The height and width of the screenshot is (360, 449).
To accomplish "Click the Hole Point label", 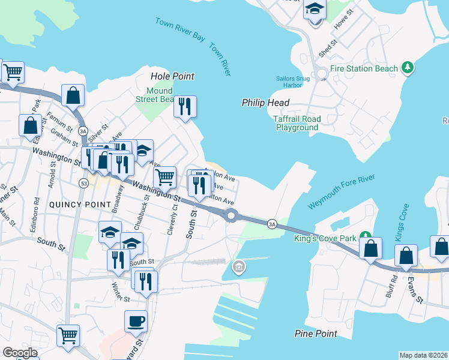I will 173,76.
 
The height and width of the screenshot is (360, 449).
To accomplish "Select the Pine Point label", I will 314,333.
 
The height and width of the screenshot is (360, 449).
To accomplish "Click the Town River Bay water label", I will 179,29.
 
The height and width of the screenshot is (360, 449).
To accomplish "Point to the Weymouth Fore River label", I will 341,192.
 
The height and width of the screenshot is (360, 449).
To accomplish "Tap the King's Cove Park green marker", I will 363,235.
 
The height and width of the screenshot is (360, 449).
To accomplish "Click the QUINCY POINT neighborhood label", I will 83,204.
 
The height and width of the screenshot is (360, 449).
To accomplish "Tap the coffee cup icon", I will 136,321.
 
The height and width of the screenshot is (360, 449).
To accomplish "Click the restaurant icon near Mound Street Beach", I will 185,107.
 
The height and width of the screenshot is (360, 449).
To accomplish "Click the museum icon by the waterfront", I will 238,266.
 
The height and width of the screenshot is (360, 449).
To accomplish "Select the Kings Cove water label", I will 401,221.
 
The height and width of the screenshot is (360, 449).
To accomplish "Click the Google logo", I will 20,353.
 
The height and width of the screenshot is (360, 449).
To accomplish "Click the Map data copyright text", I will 423,355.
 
